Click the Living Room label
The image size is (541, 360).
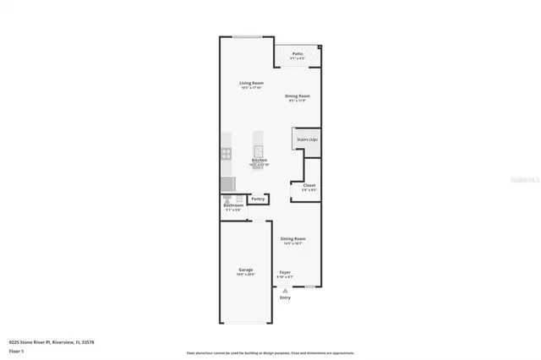252,83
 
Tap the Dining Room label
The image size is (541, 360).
297,96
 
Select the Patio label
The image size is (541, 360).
298,54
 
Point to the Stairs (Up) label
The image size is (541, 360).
307,139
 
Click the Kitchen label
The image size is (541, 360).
260,160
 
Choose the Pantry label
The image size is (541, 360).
257,199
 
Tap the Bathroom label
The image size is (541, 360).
233,205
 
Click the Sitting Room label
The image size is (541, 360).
293,239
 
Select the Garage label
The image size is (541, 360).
245,270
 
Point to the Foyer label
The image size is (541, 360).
285,272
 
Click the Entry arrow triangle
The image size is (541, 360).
285,290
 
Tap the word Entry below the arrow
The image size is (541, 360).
285,297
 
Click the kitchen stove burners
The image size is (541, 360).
226,154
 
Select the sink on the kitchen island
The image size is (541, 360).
260,152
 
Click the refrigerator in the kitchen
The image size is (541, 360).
227,183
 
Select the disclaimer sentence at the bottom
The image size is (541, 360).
270,353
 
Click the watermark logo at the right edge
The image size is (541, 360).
528,180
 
